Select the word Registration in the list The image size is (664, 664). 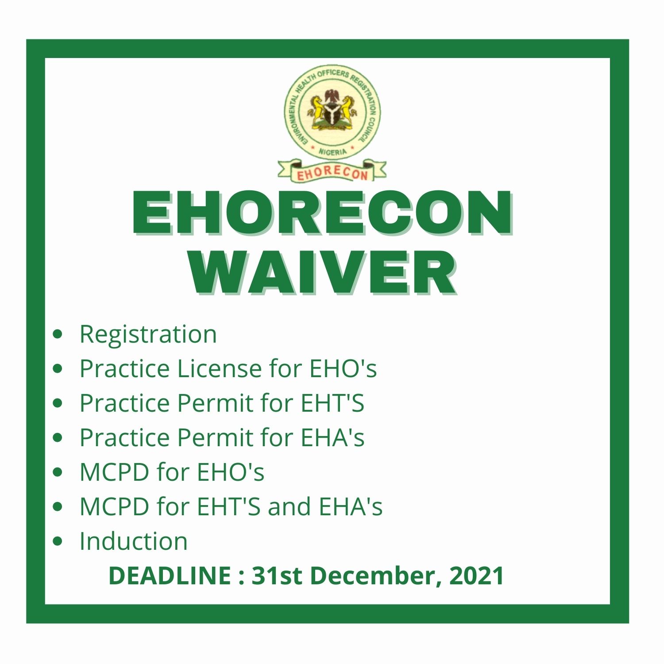click(x=148, y=335)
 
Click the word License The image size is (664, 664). click(x=220, y=368)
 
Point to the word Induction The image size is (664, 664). click(x=133, y=541)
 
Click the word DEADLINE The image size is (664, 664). click(x=170, y=576)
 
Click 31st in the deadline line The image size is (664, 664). click(x=277, y=576)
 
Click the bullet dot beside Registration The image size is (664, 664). click(x=58, y=334)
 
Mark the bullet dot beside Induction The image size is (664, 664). click(x=58, y=541)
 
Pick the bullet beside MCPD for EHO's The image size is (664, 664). click(x=58, y=472)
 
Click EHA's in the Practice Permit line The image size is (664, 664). click(x=332, y=437)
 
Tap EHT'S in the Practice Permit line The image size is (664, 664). click(x=332, y=403)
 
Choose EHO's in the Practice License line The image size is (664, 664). click(x=343, y=368)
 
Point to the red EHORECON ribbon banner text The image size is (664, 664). click(x=332, y=173)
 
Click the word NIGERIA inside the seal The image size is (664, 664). click(x=332, y=151)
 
